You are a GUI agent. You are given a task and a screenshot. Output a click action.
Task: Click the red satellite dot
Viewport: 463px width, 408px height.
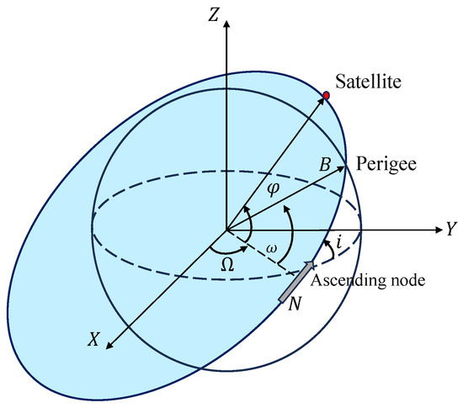click(327, 96)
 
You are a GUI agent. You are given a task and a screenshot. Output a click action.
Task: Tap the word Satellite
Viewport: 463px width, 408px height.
click(368, 81)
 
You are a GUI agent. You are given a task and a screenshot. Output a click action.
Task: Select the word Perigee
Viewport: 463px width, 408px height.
click(386, 165)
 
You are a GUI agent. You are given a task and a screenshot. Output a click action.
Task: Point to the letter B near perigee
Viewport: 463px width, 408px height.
click(326, 165)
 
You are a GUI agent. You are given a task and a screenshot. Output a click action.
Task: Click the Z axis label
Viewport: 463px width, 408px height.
click(214, 15)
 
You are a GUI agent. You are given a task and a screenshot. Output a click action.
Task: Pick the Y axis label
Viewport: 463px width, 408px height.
click(451, 229)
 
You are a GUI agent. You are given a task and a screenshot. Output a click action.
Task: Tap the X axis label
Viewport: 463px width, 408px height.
click(93, 339)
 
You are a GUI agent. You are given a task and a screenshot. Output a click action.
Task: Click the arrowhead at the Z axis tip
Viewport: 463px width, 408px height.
click(226, 24)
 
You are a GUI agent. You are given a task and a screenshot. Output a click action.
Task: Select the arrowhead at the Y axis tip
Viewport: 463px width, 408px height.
click(439, 230)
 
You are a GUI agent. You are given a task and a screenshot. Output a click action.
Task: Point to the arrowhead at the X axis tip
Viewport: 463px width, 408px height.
click(109, 346)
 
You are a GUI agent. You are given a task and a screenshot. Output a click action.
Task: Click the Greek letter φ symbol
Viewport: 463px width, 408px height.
click(273, 189)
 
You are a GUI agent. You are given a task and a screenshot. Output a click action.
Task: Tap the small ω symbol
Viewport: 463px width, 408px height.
click(271, 249)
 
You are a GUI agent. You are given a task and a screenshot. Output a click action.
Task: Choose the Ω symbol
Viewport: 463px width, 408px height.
click(227, 265)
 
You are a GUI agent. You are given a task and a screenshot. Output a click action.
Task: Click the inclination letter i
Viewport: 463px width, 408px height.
click(339, 243)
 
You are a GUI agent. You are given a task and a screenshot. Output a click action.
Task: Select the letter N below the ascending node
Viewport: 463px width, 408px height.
click(295, 304)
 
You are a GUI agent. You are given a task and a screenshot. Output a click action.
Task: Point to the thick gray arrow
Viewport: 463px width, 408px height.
click(296, 282)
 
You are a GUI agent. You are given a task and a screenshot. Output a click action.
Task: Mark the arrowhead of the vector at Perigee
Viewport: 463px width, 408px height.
click(341, 168)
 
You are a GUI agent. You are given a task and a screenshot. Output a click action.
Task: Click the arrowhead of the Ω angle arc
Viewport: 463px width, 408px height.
click(244, 249)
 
